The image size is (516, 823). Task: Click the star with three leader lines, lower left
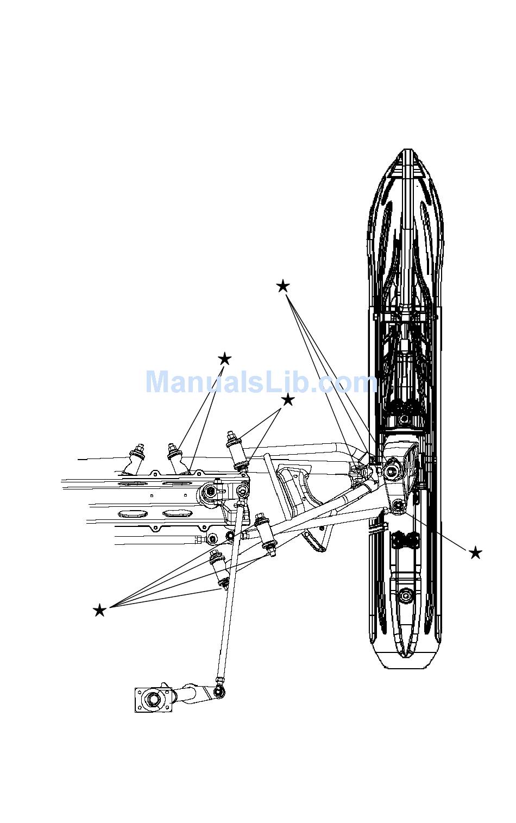pos(99,610)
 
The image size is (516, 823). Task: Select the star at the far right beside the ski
pos(475,553)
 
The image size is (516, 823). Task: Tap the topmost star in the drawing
pos(282,286)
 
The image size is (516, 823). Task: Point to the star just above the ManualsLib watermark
pos(224,359)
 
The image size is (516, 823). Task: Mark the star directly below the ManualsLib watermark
pos(287,400)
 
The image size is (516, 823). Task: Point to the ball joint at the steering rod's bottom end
pos(219,691)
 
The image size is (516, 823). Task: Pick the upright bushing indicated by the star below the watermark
pos(237,450)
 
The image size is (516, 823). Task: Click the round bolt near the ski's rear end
pos(405,596)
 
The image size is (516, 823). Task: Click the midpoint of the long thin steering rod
pos(229,598)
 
